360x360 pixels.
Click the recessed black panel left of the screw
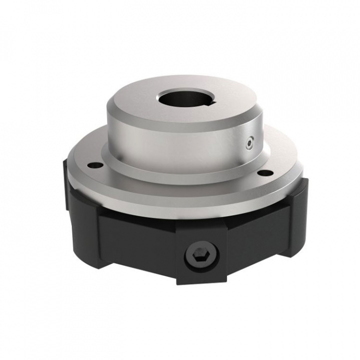coord(135,240)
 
